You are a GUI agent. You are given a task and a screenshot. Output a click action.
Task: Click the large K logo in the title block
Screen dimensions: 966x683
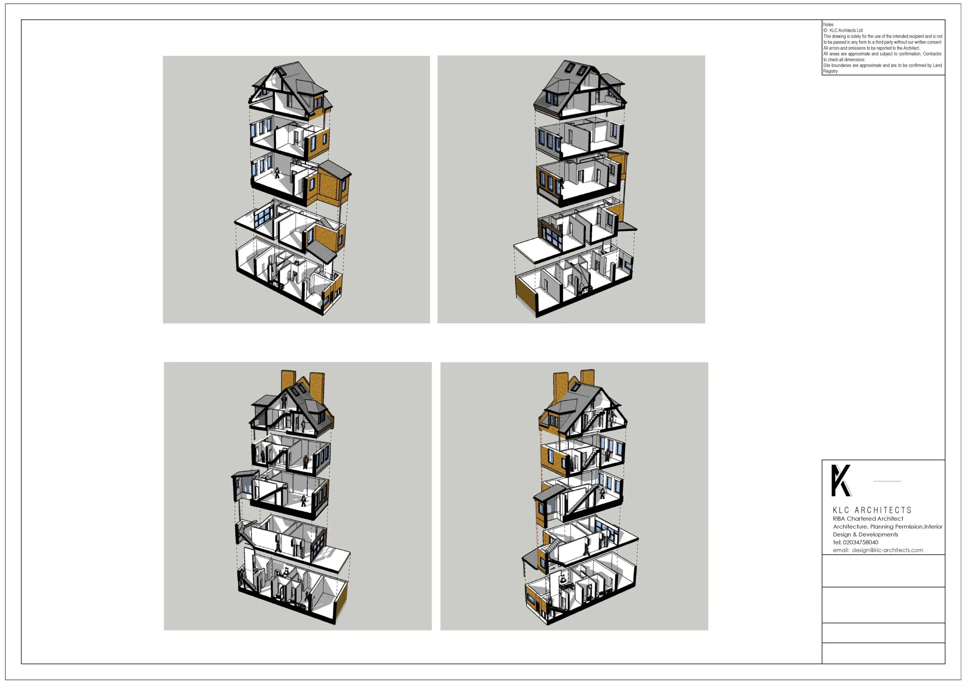[841, 481]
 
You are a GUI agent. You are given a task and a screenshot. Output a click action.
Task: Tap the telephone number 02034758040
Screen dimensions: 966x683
[860, 543]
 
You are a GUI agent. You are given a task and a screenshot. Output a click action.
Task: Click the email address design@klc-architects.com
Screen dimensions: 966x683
[888, 551]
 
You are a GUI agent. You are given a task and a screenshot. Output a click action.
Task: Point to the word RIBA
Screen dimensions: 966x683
[839, 519]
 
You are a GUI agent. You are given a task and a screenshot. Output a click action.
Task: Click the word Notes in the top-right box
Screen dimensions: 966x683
[828, 25]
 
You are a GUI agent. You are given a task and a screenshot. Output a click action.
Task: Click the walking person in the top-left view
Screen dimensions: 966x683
[277, 173]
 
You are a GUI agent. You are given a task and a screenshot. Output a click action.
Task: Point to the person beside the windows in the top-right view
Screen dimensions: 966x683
[561, 183]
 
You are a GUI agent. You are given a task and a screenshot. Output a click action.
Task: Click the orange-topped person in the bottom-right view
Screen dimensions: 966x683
[608, 455]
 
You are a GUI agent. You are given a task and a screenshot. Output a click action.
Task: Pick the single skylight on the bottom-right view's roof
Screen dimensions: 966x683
[576, 388]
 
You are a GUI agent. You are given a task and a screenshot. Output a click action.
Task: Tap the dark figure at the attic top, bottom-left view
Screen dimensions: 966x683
[285, 401]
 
